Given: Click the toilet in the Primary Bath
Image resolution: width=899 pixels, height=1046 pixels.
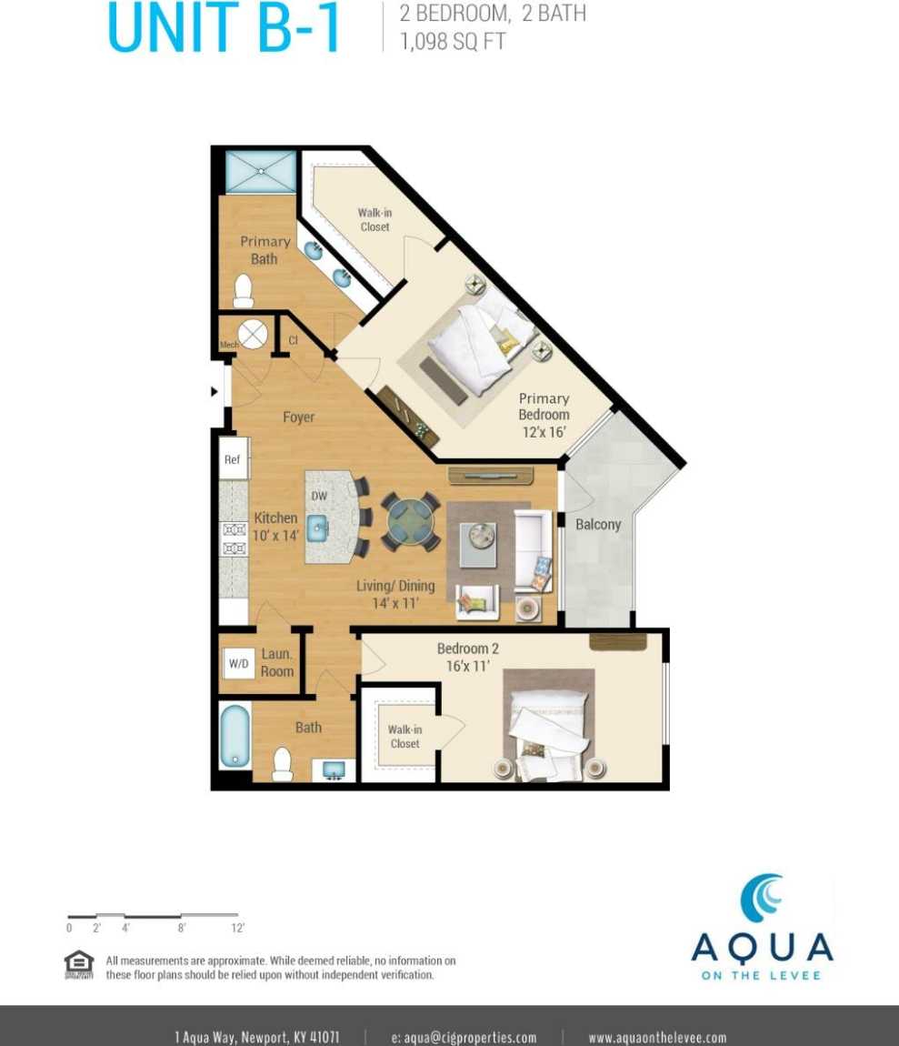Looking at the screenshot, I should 243,291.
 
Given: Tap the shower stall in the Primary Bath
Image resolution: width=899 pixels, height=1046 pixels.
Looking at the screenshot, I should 260,170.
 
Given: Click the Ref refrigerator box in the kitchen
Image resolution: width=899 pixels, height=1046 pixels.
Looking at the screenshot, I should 233,459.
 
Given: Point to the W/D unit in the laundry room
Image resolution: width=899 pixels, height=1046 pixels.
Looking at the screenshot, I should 238,664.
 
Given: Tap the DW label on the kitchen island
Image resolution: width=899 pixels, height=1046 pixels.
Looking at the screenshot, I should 319,496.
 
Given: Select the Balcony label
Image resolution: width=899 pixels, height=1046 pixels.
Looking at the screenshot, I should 598,524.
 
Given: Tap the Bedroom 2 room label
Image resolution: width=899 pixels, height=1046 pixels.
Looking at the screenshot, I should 468,657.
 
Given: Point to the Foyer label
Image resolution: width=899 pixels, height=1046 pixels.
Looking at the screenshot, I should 298,417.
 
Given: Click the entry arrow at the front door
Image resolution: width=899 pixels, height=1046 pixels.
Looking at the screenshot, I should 215,392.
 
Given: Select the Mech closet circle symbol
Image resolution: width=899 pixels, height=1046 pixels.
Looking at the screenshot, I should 253,334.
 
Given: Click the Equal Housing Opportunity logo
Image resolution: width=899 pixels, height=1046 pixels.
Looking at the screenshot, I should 78,964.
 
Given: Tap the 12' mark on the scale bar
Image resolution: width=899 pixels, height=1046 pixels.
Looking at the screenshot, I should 237,928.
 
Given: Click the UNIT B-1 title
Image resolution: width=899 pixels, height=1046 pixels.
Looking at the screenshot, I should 224,27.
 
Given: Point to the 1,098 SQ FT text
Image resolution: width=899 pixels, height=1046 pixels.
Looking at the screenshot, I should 454,41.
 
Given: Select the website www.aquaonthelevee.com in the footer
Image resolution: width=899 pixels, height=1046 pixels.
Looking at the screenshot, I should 657,1037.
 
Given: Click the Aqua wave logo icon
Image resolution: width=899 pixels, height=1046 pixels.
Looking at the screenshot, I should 762,899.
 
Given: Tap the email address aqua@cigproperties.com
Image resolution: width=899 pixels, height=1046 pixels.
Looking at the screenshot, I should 464,1037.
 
